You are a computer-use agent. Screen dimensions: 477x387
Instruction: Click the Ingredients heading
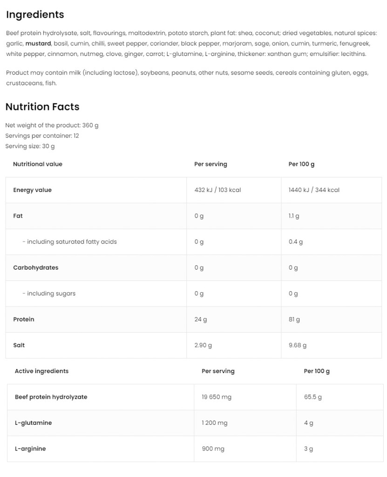point(35,14)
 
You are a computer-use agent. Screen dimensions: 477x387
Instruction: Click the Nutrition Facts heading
point(42,107)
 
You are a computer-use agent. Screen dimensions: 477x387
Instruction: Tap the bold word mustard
point(38,43)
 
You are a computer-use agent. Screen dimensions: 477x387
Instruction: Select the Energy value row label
point(32,190)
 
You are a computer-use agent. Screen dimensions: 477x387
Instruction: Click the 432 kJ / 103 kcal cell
point(217,190)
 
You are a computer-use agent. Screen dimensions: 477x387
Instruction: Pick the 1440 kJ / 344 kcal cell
point(314,190)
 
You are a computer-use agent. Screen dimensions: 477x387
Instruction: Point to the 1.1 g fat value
point(294,216)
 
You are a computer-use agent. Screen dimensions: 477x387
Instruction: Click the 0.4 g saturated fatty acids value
point(296,242)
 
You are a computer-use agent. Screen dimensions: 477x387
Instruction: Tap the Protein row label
point(24,320)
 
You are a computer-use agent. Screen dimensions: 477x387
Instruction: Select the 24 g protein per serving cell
point(201,320)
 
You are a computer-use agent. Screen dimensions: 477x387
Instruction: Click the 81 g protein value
point(294,320)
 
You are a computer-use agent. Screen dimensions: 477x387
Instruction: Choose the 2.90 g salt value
point(203,345)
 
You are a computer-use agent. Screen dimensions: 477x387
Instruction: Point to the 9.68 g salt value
point(298,345)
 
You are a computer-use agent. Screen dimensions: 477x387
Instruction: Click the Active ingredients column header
point(41,371)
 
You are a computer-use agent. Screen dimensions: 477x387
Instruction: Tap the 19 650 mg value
point(217,397)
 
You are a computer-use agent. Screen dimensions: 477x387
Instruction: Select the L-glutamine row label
point(33,423)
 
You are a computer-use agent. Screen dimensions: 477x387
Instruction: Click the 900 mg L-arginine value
point(213,449)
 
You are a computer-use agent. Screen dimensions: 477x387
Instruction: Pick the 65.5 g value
point(313,397)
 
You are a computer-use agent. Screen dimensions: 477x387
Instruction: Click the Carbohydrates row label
point(36,268)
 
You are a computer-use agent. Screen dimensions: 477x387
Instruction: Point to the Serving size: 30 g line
point(30,146)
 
